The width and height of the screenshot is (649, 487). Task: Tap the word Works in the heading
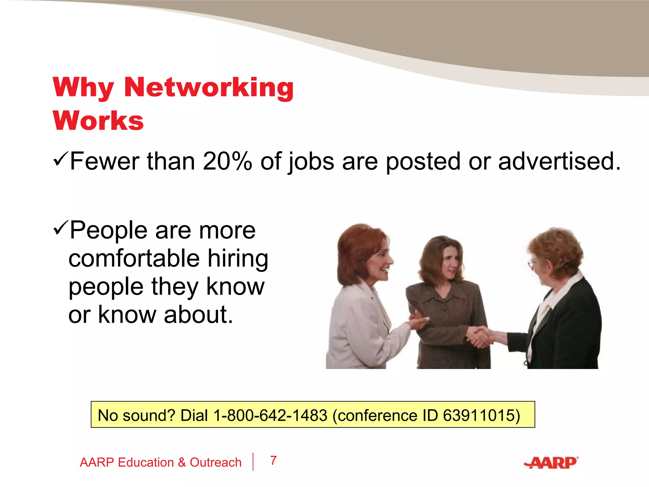point(98,121)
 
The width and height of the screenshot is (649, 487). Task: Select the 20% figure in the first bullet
point(227,161)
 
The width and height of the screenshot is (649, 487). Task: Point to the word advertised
point(559,161)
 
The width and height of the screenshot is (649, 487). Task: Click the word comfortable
point(134,258)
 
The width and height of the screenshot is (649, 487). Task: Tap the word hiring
point(238,258)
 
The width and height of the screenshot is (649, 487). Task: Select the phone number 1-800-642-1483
point(270,415)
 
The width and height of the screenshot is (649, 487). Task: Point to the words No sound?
point(136,415)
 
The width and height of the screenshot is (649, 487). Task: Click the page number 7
point(273,460)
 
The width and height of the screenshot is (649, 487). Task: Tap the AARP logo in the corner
point(551,463)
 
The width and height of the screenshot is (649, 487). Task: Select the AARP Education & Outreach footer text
point(160,462)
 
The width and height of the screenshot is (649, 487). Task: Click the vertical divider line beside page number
point(253,462)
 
